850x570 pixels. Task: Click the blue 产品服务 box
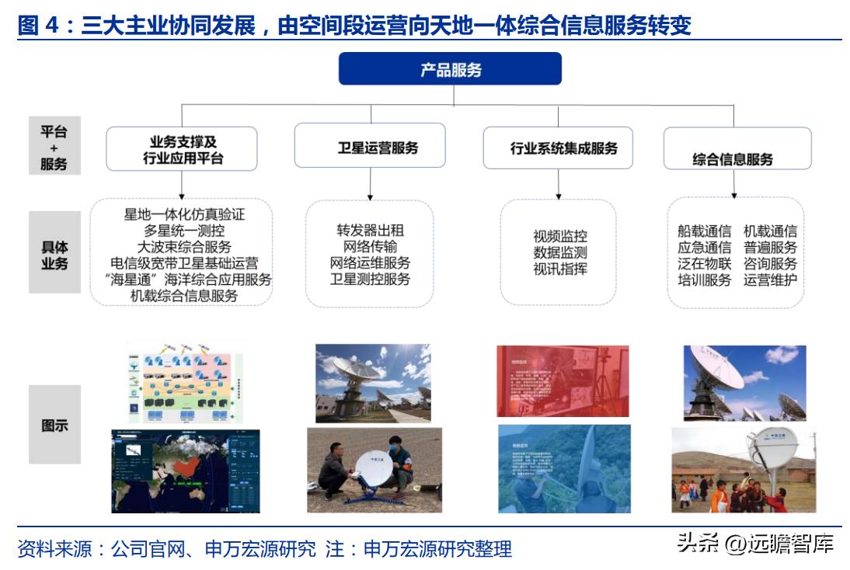(450, 69)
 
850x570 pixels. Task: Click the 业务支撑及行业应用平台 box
(182, 149)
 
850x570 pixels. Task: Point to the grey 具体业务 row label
(54, 255)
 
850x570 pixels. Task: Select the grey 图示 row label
(54, 425)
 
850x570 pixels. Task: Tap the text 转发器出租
(370, 231)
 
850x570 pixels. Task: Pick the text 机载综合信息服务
(184, 296)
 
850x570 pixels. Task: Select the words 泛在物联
(704, 263)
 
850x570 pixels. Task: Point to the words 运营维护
(770, 280)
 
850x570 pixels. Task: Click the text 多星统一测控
(184, 231)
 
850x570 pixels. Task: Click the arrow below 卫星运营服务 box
(370, 183)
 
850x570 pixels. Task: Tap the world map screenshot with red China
(185, 471)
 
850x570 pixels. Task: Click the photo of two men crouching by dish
(374, 470)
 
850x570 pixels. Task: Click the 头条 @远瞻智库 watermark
(755, 543)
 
